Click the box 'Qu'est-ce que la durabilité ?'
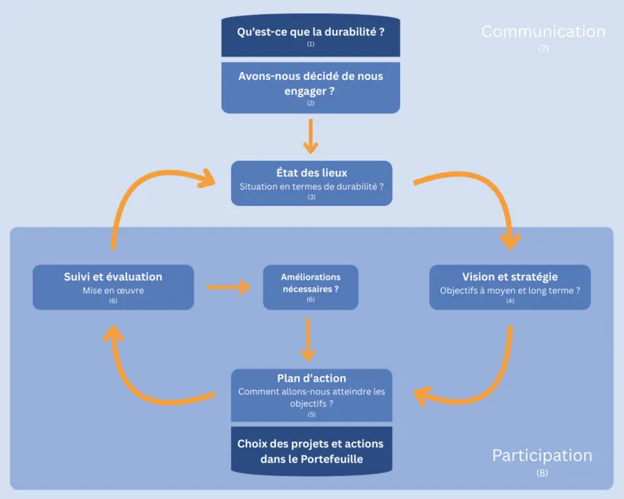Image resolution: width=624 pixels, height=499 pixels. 310,35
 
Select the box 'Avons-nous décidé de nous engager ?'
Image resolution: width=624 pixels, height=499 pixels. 310,86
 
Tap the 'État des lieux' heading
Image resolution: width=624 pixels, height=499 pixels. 311,173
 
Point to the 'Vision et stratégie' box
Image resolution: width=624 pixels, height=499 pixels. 510,287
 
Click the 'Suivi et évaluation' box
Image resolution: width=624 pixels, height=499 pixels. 113,287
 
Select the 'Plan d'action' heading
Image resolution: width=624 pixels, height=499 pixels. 311,378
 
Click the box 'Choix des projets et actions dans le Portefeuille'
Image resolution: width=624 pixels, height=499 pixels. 311,450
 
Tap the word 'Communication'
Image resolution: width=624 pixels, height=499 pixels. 543,32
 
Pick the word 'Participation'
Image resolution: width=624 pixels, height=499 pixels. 542,456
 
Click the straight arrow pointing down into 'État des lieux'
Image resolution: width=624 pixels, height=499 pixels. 311,136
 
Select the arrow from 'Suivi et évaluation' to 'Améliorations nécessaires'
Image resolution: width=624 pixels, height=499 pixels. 228,287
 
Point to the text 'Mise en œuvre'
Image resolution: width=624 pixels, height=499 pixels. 113,291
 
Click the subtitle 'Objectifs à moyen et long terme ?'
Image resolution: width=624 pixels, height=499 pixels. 510,291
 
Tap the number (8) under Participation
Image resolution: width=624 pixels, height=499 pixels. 542,473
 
